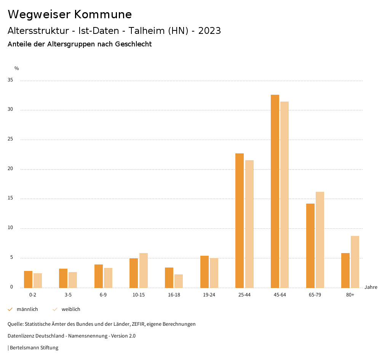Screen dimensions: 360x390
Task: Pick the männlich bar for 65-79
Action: [x=310, y=245]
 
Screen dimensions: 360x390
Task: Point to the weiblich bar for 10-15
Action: [x=144, y=270]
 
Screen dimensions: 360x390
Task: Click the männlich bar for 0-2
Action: [x=28, y=279]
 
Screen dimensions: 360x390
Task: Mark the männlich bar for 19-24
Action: [x=205, y=272]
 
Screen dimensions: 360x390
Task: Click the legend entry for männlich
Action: [x=27, y=309]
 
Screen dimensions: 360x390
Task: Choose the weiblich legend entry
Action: [x=71, y=309]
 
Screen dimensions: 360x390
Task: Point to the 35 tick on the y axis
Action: [x=10, y=80]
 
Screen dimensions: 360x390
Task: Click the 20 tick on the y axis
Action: [x=10, y=169]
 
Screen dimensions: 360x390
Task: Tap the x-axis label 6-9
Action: [x=103, y=295]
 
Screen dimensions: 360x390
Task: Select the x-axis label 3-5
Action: [x=68, y=295]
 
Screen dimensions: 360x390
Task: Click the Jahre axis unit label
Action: [x=371, y=287]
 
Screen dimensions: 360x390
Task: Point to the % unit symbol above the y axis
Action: [x=17, y=68]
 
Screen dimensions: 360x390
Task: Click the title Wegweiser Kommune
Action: [x=70, y=14]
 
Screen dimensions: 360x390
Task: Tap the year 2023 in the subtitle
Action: [x=209, y=31]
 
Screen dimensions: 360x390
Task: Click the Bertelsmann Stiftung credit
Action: [x=34, y=348]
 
